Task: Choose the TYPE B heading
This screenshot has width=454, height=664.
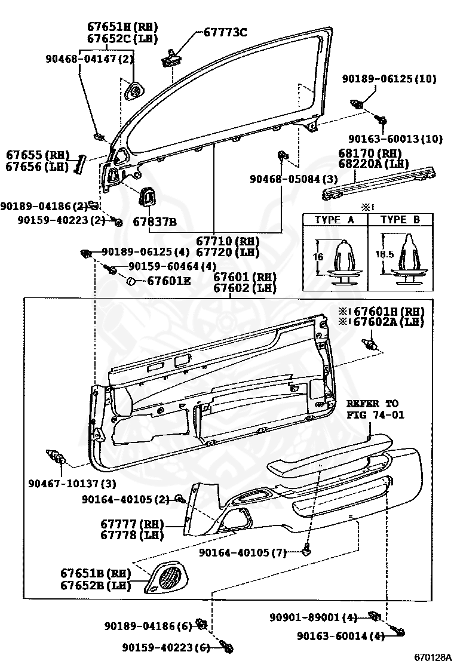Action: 400,220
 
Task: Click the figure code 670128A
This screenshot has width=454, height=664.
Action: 432,657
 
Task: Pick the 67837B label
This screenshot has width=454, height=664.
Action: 155,222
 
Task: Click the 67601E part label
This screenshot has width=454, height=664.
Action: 169,280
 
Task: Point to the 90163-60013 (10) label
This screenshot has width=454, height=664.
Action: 396,139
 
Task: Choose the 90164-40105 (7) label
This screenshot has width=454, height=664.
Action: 243,553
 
